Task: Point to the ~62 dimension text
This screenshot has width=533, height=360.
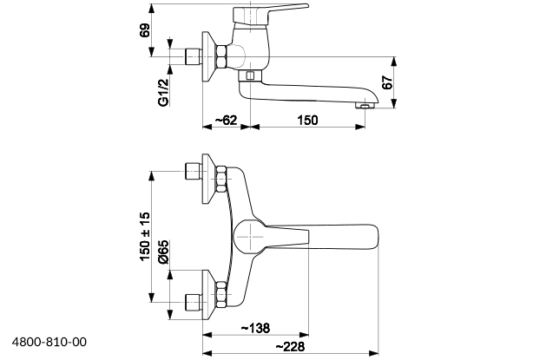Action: (224, 119)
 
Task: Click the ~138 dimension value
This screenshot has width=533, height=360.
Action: (253, 327)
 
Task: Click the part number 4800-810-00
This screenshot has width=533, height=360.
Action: (49, 343)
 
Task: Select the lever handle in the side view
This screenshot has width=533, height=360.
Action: (278, 13)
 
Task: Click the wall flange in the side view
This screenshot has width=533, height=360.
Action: (208, 58)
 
